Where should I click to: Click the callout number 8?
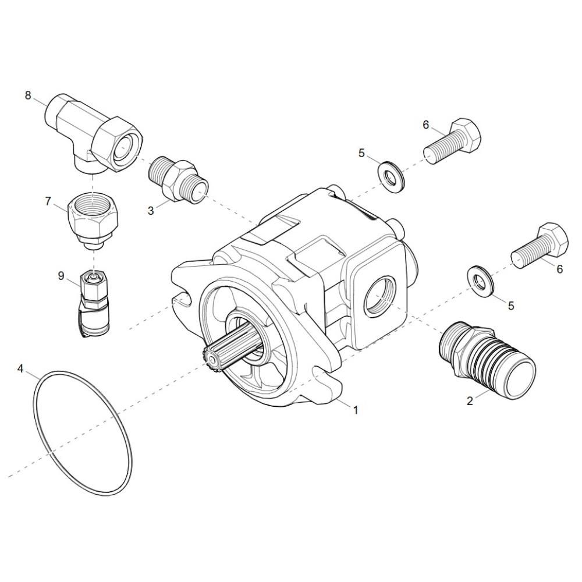(28, 95)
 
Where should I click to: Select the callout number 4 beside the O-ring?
(20, 368)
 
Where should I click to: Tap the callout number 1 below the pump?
(355, 410)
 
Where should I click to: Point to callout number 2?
(470, 401)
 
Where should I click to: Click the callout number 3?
(150, 211)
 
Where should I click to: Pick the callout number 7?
(48, 201)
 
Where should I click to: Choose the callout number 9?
(61, 276)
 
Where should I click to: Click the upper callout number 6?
(426, 125)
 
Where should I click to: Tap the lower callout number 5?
(511, 306)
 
